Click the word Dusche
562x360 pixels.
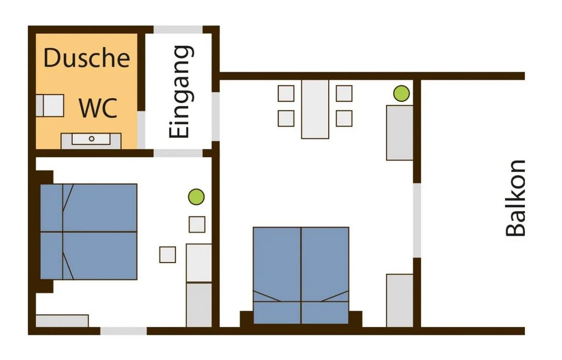coord(87,58)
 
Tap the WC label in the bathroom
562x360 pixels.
coord(98,108)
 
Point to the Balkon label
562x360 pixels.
coord(515,198)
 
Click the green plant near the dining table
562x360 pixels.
coord(401,93)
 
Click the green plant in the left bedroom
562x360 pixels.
coord(197,197)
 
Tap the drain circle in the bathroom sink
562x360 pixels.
coord(91,139)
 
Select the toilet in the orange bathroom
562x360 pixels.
coord(50,105)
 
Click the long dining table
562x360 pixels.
coord(315,109)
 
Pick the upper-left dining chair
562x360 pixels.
coord(286,93)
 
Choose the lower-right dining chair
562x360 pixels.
coord(344,118)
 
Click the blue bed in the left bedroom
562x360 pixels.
coord(89,232)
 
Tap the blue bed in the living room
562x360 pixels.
coord(301,276)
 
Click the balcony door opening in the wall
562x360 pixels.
coord(417,220)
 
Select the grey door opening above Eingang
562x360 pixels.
coord(178,29)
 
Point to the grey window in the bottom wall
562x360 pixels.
coord(123,331)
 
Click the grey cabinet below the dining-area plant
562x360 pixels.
coord(399,133)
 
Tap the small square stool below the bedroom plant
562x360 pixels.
coord(197,225)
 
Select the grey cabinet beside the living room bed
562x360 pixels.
coord(399,301)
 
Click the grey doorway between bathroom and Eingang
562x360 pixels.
coord(141,129)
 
